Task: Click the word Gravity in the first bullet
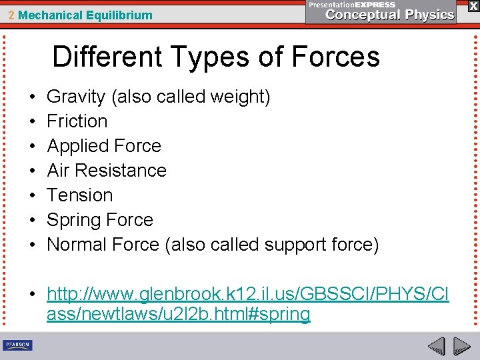click(76, 97)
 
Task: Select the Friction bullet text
click(77, 121)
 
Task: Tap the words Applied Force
click(104, 146)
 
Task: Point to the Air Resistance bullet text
click(107, 171)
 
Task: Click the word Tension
click(80, 195)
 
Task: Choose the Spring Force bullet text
click(100, 220)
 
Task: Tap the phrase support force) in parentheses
click(321, 245)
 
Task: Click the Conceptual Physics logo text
click(390, 15)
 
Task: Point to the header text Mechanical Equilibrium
click(85, 15)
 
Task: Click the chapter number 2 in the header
click(12, 15)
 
